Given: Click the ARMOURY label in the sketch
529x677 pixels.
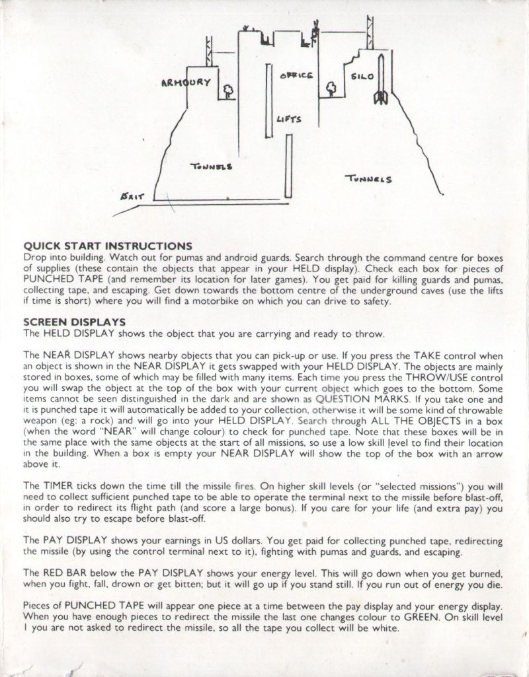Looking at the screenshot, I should (186, 83).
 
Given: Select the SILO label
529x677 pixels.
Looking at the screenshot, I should (362, 77).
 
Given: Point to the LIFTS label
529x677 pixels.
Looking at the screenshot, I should (289, 119).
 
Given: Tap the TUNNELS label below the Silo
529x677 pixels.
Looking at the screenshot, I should (369, 178).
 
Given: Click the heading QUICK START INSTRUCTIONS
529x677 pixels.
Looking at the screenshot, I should (108, 246).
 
